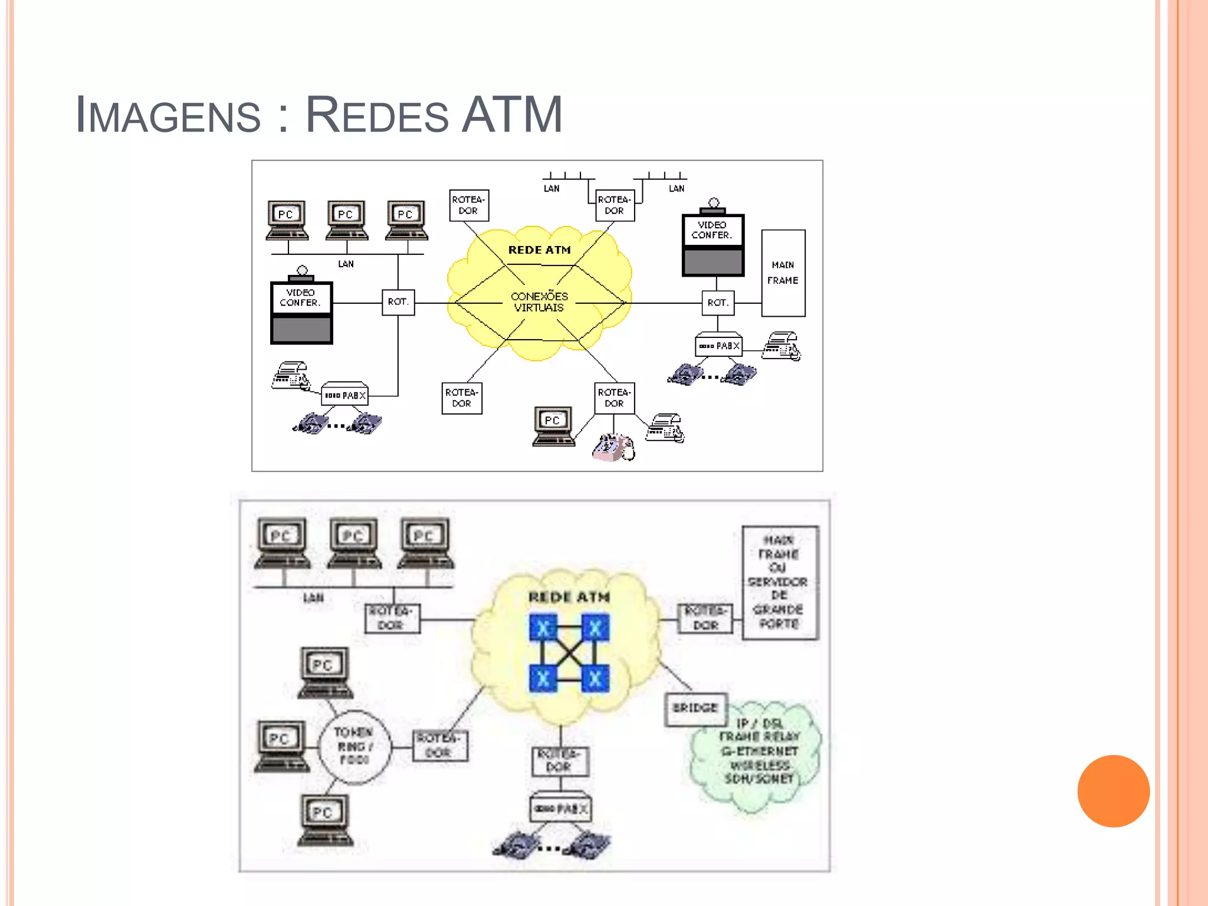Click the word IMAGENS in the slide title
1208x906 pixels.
pyautogui.click(x=168, y=114)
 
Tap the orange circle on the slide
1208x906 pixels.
pyautogui.click(x=1113, y=791)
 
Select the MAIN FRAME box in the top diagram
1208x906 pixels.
pyautogui.click(x=783, y=273)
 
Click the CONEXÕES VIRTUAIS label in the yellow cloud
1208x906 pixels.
pyautogui.click(x=539, y=301)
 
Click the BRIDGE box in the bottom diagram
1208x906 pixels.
pyautogui.click(x=695, y=707)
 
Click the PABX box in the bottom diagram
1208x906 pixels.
pyautogui.click(x=560, y=808)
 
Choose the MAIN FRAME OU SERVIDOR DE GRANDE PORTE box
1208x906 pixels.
pyautogui.click(x=780, y=582)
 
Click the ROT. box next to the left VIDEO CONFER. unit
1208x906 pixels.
pyautogui.click(x=398, y=302)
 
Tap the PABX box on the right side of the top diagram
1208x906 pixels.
pyautogui.click(x=718, y=346)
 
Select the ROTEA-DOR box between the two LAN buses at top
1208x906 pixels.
pyautogui.click(x=615, y=205)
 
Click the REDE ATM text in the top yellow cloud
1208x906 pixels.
pyautogui.click(x=539, y=250)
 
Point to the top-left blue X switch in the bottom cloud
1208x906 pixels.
pyautogui.click(x=543, y=628)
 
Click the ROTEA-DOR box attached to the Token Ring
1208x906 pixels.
pyautogui.click(x=439, y=746)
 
